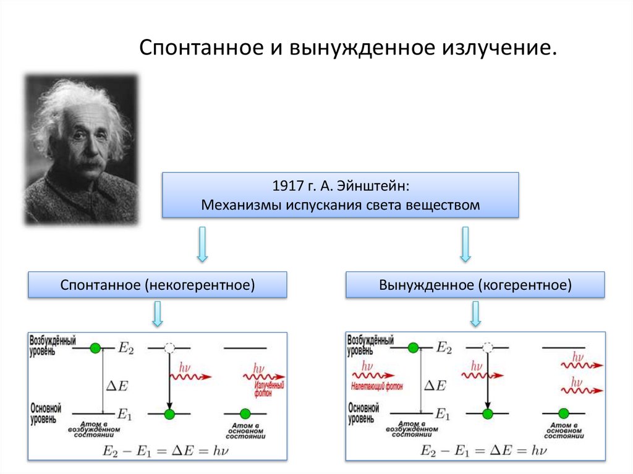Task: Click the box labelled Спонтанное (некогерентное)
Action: (158, 286)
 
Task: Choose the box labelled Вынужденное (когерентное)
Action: (475, 286)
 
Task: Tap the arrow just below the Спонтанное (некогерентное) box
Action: (158, 315)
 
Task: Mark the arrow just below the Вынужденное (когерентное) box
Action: (475, 315)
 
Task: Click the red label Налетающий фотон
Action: (376, 387)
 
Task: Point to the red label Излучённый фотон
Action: (270, 389)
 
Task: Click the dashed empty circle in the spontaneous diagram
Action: (170, 349)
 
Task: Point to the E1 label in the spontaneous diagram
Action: (125, 414)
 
